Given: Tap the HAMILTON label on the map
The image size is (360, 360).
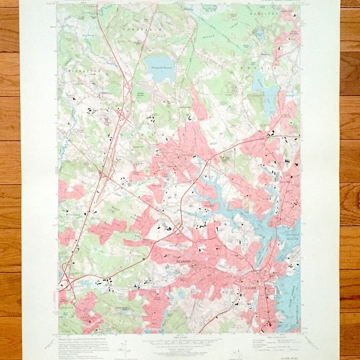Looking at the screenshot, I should [x=261, y=13].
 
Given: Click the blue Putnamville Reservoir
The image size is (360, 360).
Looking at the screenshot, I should [x=157, y=64].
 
